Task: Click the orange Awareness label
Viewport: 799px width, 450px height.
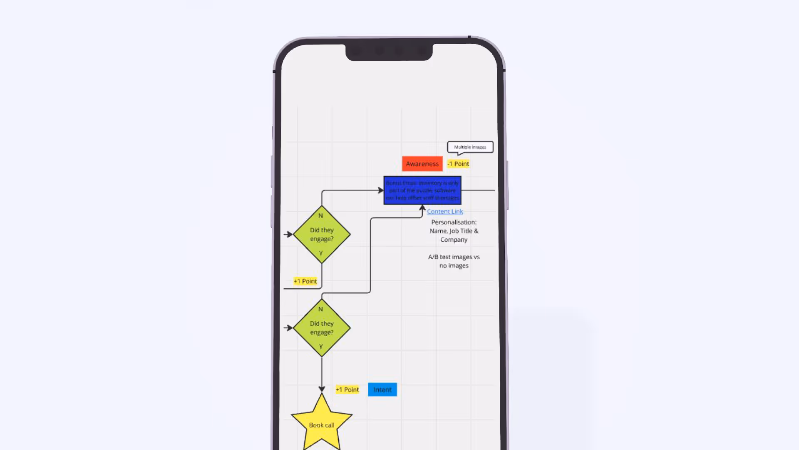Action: click(x=422, y=164)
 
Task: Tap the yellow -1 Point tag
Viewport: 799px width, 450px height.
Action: click(x=458, y=164)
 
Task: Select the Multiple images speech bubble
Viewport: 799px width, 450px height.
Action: click(x=470, y=147)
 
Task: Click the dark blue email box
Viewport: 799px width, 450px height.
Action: click(x=422, y=190)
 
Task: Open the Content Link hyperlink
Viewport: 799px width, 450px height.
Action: click(x=444, y=211)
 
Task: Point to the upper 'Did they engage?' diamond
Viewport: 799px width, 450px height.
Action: click(x=322, y=234)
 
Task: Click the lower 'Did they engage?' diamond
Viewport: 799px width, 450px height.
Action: click(x=322, y=328)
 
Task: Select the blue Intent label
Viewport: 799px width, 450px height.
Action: click(x=382, y=390)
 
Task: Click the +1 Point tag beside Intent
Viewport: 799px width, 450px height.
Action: click(x=347, y=390)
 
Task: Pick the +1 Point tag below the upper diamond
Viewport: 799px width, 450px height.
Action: click(x=305, y=281)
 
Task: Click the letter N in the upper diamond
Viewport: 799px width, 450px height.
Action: click(x=320, y=216)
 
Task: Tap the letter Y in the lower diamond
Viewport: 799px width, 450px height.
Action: click(x=320, y=347)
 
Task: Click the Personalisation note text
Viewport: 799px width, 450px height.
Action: click(x=454, y=231)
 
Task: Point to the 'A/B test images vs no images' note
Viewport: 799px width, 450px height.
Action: click(x=454, y=261)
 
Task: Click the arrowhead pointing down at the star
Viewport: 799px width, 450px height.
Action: click(x=322, y=389)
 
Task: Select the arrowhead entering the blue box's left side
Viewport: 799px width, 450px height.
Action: click(x=380, y=190)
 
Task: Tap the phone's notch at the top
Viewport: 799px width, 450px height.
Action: click(x=389, y=52)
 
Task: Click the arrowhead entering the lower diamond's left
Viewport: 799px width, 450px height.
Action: click(x=289, y=328)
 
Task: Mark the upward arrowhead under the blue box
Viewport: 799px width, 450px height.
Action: click(x=422, y=207)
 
